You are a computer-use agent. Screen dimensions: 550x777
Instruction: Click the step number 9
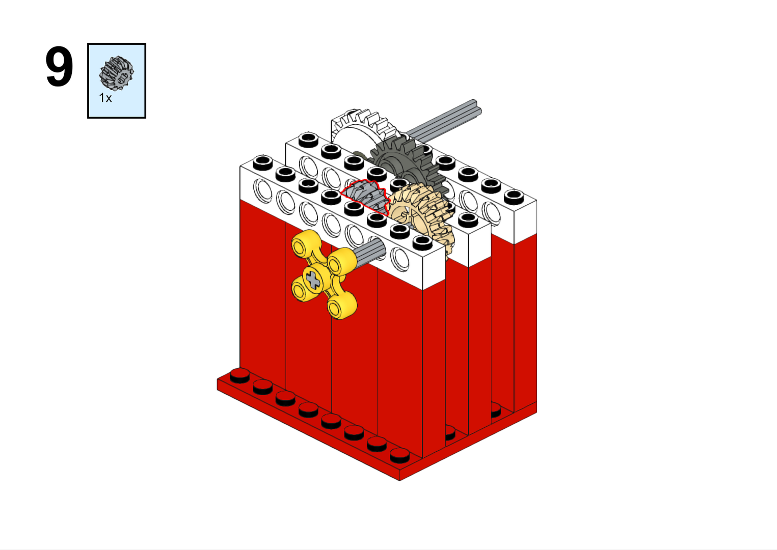59,67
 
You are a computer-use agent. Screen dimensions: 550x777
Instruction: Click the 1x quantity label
105,98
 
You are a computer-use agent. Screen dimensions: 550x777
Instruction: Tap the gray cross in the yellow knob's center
313,280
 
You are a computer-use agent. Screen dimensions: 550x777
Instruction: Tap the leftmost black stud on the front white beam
262,162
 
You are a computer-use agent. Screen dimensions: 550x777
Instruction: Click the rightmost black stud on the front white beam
422,242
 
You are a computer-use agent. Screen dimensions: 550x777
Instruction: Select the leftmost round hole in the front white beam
263,190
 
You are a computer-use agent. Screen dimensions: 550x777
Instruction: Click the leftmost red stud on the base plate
239,375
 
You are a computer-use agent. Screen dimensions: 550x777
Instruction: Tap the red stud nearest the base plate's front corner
399,455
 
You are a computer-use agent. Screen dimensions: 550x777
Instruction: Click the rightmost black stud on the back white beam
514,196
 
